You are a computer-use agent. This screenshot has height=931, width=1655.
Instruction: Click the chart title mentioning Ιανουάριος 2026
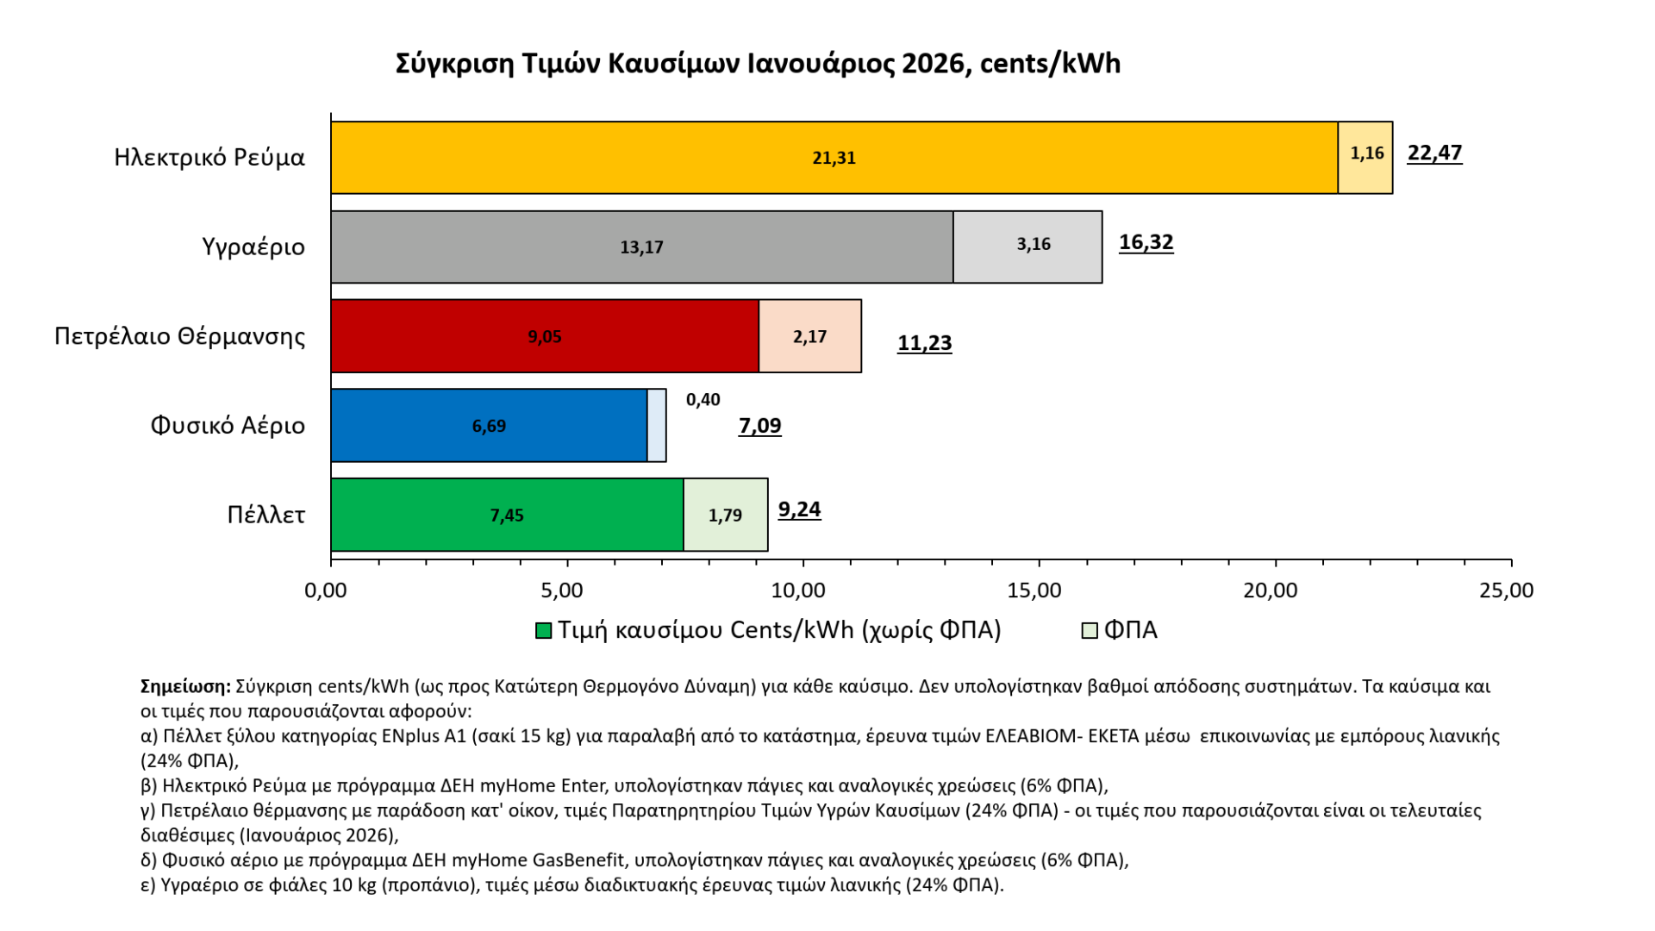tap(758, 64)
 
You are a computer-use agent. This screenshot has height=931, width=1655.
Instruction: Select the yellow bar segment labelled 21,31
tap(834, 158)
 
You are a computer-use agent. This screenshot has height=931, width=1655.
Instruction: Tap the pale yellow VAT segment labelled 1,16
tap(1365, 158)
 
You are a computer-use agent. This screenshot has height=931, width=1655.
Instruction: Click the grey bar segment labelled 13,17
tap(641, 247)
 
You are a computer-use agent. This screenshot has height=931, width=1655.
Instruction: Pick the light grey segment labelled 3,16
tap(1027, 247)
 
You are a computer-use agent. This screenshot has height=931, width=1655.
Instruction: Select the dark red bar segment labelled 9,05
tap(544, 337)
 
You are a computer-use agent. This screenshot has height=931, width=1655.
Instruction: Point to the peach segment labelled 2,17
tap(809, 337)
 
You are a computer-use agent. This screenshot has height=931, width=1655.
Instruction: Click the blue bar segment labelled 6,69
tap(489, 426)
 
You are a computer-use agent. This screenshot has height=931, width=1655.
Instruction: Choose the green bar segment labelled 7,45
tap(507, 515)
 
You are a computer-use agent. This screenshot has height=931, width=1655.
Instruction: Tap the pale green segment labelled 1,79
tap(725, 515)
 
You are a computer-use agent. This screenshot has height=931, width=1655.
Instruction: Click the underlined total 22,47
tap(1434, 153)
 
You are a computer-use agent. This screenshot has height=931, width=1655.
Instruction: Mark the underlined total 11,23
tap(924, 343)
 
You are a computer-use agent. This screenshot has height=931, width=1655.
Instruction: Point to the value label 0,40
tap(703, 400)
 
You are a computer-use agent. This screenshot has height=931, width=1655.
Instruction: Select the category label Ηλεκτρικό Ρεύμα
tap(209, 158)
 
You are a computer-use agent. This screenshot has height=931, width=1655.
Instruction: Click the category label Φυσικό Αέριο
tap(228, 426)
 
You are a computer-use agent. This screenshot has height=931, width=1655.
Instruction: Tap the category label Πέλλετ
tap(265, 515)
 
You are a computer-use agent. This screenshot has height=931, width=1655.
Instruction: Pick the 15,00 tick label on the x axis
tap(1034, 590)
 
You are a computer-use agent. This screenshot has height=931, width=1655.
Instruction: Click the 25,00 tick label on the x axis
tap(1506, 590)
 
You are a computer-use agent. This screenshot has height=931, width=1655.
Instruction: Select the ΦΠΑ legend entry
tap(1120, 630)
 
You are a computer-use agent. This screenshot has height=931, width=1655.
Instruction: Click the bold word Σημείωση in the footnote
tap(185, 687)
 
